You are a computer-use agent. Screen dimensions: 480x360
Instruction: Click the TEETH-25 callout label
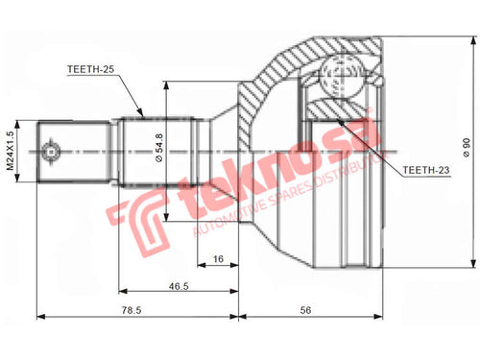coord(90,69)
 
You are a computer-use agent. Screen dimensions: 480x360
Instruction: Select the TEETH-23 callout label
coord(426,170)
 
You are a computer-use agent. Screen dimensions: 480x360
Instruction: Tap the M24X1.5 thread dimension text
coord(11,151)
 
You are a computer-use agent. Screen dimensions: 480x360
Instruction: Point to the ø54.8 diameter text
coord(159,148)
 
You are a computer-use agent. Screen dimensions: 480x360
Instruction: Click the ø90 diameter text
coord(467,148)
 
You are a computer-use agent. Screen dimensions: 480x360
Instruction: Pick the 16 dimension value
coord(218,259)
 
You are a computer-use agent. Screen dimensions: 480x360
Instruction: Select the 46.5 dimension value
coord(179,286)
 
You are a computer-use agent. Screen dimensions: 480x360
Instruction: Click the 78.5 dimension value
coord(132,310)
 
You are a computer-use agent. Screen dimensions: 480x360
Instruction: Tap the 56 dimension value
coord(305,310)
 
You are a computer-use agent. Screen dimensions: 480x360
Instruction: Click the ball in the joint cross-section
coord(342,76)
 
